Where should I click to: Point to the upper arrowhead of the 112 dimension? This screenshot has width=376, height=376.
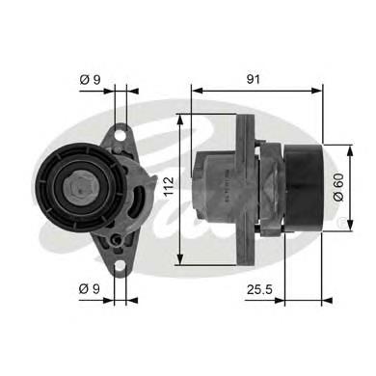[181, 121]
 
